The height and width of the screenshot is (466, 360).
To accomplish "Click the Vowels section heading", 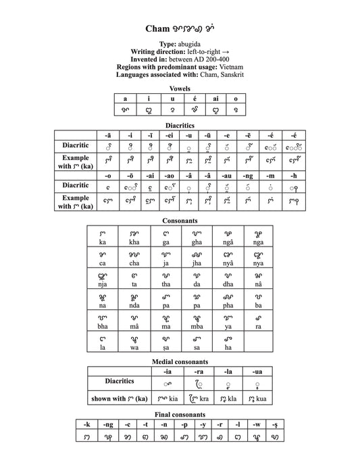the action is click(x=180, y=88).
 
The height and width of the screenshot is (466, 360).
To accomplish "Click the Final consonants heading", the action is click(x=179, y=414).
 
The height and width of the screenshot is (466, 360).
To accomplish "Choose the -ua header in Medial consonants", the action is click(x=257, y=371).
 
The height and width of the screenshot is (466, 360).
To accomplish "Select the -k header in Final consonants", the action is click(x=86, y=424).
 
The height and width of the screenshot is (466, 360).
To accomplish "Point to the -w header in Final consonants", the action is click(x=255, y=424).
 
